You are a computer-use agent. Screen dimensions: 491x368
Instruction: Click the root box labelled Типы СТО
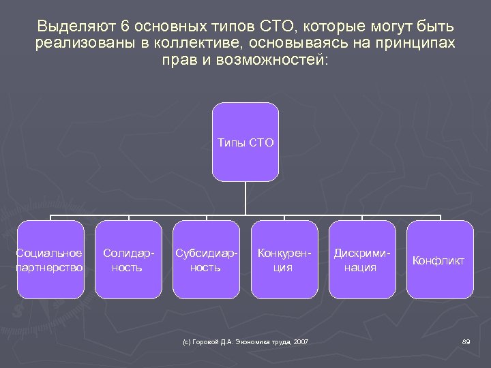click(245, 142)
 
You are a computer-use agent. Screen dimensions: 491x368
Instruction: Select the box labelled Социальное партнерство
click(50, 260)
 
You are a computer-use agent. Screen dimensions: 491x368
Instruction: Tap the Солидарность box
click(128, 260)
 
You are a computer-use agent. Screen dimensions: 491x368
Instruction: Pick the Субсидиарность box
click(206, 260)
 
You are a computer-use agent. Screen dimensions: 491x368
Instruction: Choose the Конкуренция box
click(284, 260)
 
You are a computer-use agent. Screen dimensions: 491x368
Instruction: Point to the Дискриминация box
click(362, 260)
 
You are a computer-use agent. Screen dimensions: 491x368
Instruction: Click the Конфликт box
click(440, 260)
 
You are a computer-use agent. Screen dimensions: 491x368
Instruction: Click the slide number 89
click(466, 341)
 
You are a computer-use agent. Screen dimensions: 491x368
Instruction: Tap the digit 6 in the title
click(124, 27)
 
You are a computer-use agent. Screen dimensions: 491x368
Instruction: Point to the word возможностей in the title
click(273, 60)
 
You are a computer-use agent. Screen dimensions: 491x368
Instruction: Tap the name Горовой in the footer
click(205, 341)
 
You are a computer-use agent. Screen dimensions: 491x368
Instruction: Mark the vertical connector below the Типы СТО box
click(245, 199)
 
